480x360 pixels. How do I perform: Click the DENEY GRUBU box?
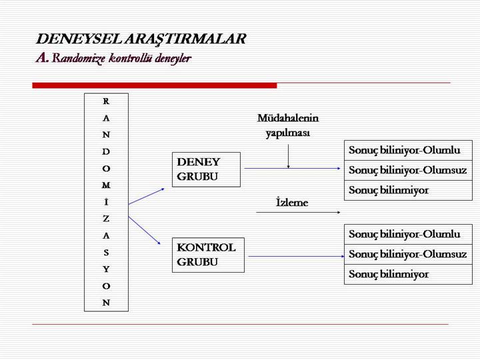207,169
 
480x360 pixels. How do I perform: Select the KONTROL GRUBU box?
208,255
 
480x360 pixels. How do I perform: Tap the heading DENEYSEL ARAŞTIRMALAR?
141,39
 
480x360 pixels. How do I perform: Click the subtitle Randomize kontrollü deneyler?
121,58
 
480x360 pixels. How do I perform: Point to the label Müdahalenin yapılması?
288,125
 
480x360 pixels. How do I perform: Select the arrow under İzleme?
298,213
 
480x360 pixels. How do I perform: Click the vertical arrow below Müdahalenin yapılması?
288,155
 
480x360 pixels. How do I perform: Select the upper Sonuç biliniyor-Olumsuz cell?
407,170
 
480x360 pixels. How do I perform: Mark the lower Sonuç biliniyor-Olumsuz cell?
407,255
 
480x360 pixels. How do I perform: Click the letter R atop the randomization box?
106,101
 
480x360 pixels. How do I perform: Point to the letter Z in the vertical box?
106,219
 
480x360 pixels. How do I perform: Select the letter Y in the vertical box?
106,269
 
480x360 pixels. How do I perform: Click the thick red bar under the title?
154,85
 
